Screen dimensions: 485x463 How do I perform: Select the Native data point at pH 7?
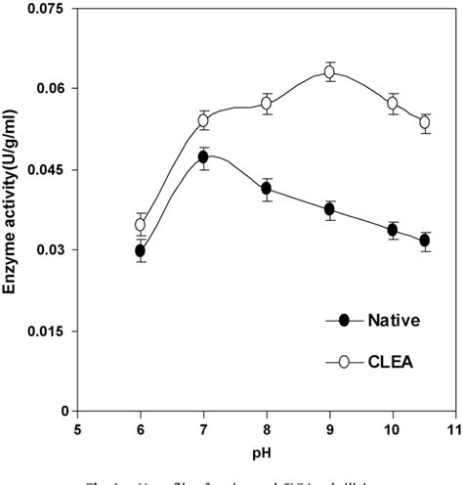(203, 156)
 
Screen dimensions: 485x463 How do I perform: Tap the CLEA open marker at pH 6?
(141, 224)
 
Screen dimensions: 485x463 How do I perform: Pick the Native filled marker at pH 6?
(141, 250)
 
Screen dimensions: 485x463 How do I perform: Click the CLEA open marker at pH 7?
(203, 120)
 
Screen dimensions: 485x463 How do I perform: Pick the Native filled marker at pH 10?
(393, 231)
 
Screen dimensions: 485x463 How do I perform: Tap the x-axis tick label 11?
(455, 427)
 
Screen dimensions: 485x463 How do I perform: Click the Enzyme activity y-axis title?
(11, 210)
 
